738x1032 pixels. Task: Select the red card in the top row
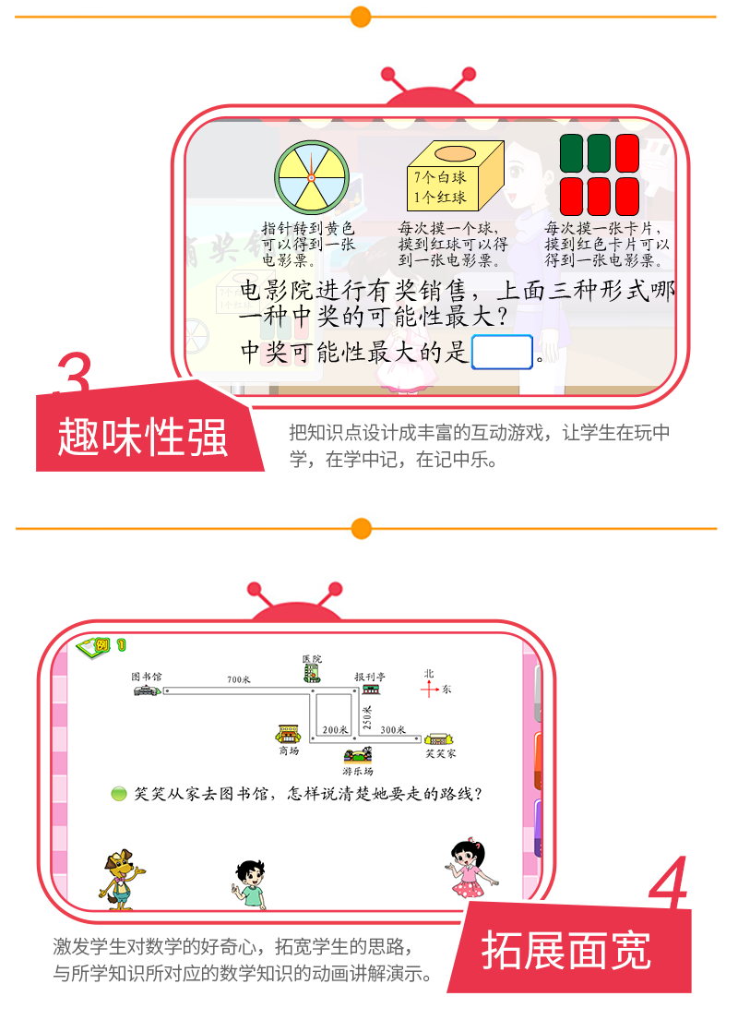(627, 152)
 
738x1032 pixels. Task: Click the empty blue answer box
(502, 352)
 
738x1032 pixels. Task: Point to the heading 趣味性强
(143, 437)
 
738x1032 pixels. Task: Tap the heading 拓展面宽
(565, 952)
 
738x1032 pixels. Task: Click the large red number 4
(668, 886)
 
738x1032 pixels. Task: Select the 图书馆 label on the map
(146, 676)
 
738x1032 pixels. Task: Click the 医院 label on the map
(312, 658)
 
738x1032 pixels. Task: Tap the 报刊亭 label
(369, 677)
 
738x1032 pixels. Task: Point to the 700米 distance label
(238, 680)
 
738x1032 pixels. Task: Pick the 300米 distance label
(392, 729)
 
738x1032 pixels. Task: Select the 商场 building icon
(289, 735)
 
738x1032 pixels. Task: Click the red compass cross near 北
(429, 689)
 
